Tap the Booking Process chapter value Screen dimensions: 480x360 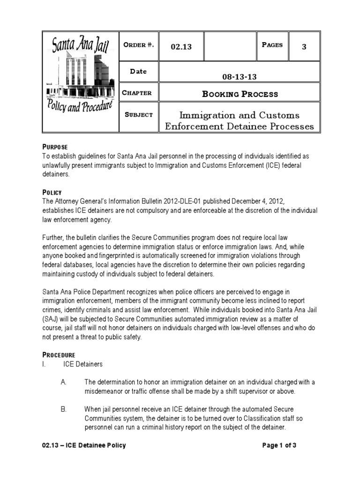click(240, 94)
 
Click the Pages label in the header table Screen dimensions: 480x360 click(272, 45)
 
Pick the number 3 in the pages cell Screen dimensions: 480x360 click(304, 47)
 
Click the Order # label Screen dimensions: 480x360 click(138, 45)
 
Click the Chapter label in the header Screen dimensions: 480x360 click(137, 93)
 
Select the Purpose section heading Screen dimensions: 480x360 click(55, 147)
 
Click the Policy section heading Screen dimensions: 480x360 click(52, 193)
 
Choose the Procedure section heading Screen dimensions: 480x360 click(59, 355)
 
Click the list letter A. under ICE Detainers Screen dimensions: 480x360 click(64, 382)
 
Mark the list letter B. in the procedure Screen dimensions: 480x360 click(64, 409)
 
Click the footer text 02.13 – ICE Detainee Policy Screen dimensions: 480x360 click(84, 445)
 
